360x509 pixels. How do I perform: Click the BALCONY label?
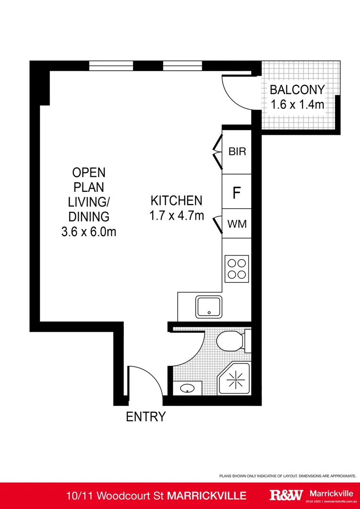(x=297, y=90)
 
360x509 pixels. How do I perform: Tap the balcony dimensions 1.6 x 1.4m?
(x=297, y=105)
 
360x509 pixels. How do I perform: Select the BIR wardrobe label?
(x=237, y=152)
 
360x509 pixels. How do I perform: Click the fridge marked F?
(x=237, y=192)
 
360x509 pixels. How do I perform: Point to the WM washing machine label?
(x=237, y=224)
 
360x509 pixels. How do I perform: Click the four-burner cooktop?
(x=237, y=269)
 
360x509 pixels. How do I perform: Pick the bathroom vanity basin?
(x=187, y=389)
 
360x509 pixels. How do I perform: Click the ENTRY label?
(x=146, y=417)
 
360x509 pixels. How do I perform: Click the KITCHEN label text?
(x=176, y=200)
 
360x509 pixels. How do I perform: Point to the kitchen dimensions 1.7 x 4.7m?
(x=176, y=216)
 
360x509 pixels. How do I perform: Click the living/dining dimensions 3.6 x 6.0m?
(x=89, y=232)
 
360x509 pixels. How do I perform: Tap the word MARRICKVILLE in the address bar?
(x=207, y=495)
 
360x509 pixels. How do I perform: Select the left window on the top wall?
(x=111, y=66)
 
